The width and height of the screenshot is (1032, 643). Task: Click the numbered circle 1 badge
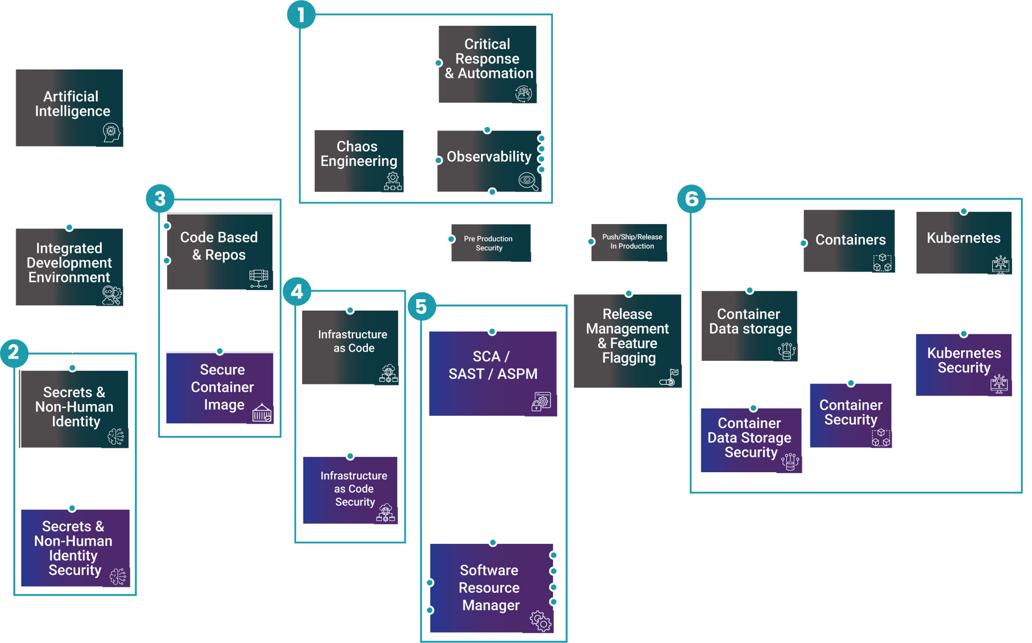coord(301,14)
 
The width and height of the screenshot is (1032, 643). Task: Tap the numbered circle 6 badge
coord(691,199)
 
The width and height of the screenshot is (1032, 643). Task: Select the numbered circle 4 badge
coord(297,292)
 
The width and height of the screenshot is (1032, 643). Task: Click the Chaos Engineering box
coord(359,160)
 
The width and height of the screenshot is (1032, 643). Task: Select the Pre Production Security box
coord(490,243)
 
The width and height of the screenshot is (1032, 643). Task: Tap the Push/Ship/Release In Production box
coord(629,242)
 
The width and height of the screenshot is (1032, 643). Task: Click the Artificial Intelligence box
coord(69,107)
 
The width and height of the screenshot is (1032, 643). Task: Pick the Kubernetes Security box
coord(963,364)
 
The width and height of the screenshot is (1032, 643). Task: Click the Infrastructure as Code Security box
coord(350,490)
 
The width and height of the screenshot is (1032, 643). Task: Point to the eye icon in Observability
coord(528,181)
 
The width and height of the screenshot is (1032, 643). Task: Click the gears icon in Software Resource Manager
coord(541,621)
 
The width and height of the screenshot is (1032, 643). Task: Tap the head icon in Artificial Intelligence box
coord(111,133)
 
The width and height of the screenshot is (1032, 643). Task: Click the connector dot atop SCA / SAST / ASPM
coord(492,331)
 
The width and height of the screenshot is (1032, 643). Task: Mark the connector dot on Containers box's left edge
coord(803,243)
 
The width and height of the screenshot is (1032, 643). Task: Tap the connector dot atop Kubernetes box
coord(964,211)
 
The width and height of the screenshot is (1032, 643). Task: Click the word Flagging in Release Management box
coord(628,358)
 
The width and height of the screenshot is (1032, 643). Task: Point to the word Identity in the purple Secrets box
coord(73,555)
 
